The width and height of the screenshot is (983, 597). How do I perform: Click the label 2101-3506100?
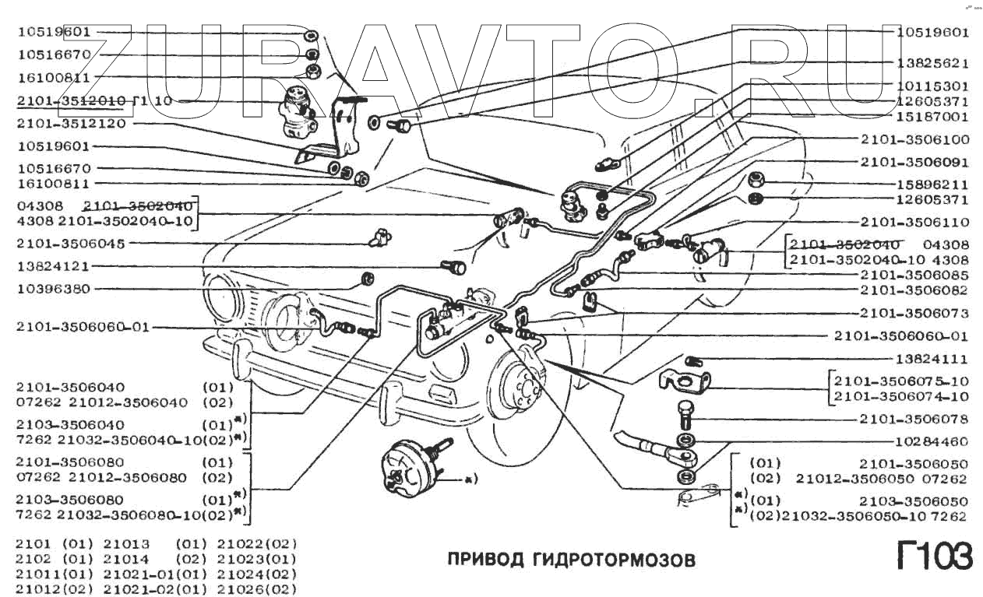click(x=914, y=140)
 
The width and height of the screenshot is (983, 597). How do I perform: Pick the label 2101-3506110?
click(x=914, y=222)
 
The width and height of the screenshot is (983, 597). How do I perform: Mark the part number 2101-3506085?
click(x=914, y=276)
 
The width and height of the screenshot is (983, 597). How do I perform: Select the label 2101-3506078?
click(x=914, y=419)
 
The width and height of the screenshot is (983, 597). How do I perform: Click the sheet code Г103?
click(x=933, y=557)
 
